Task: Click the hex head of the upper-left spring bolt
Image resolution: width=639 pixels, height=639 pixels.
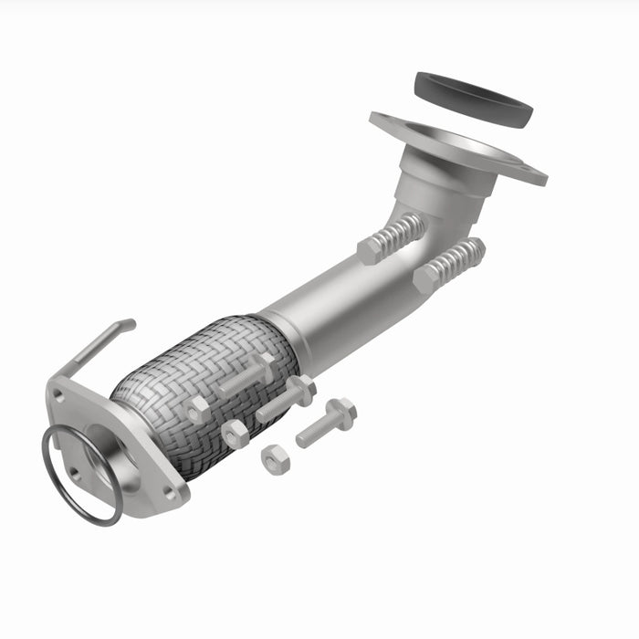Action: [x=370, y=250]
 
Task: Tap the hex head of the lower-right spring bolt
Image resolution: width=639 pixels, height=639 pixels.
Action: [x=425, y=278]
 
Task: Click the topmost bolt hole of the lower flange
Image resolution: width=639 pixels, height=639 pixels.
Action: [x=58, y=395]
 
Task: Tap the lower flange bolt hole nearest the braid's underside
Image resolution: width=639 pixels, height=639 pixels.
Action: [x=168, y=492]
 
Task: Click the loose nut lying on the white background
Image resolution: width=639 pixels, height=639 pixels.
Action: [x=275, y=458]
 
